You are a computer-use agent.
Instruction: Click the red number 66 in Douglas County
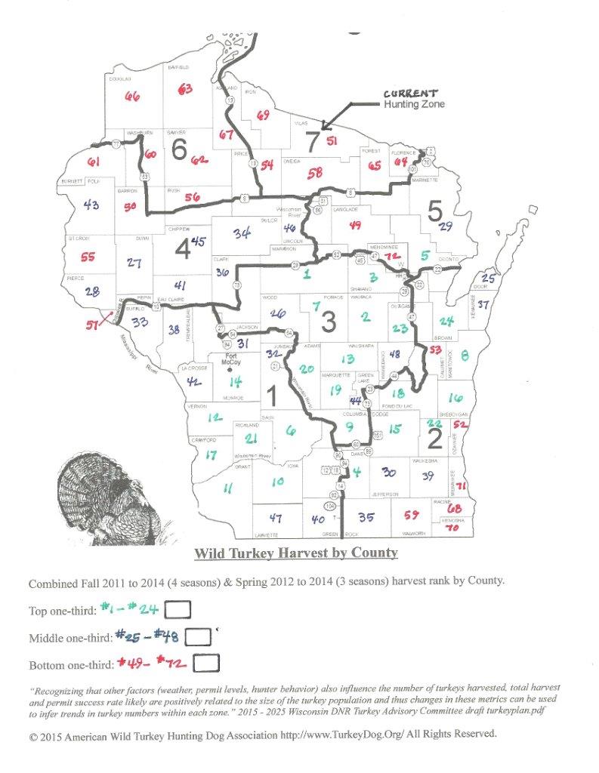pyautogui.click(x=133, y=97)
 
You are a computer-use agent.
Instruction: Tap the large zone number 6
pyautogui.click(x=179, y=149)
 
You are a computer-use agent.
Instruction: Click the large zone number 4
pyautogui.click(x=184, y=248)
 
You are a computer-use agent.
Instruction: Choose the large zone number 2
pyautogui.click(x=434, y=438)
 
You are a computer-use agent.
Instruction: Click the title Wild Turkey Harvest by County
pyautogui.click(x=295, y=553)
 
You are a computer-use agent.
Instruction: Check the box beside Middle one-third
pyautogui.click(x=197, y=636)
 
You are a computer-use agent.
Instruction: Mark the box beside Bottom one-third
pyautogui.click(x=206, y=663)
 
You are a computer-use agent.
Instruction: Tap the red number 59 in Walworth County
pyautogui.click(x=412, y=516)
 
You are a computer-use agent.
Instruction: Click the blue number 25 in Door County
pyautogui.click(x=488, y=280)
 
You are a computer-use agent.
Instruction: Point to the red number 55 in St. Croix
pyautogui.click(x=88, y=257)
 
